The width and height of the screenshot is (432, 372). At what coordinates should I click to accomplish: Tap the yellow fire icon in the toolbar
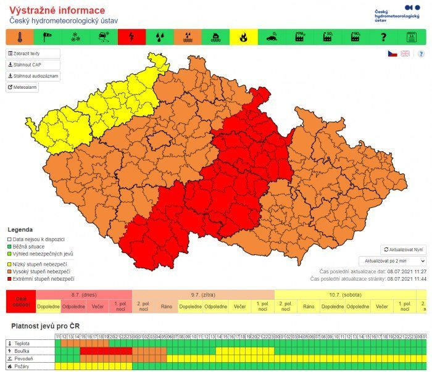pos(243,37)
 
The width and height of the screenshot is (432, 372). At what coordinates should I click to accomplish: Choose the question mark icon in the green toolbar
pos(383,37)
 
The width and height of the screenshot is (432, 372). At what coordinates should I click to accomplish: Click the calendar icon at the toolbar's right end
pos(411,37)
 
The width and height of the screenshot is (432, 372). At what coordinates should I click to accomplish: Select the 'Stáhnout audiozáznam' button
pos(33,76)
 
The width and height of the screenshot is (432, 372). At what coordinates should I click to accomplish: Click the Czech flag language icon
pos(392,54)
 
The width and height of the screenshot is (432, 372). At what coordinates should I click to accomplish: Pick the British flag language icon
pos(405,54)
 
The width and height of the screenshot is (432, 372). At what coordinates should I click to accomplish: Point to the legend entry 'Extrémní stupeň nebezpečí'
pos(41,279)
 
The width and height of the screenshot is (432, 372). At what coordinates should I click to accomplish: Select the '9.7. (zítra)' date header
pos(203,294)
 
